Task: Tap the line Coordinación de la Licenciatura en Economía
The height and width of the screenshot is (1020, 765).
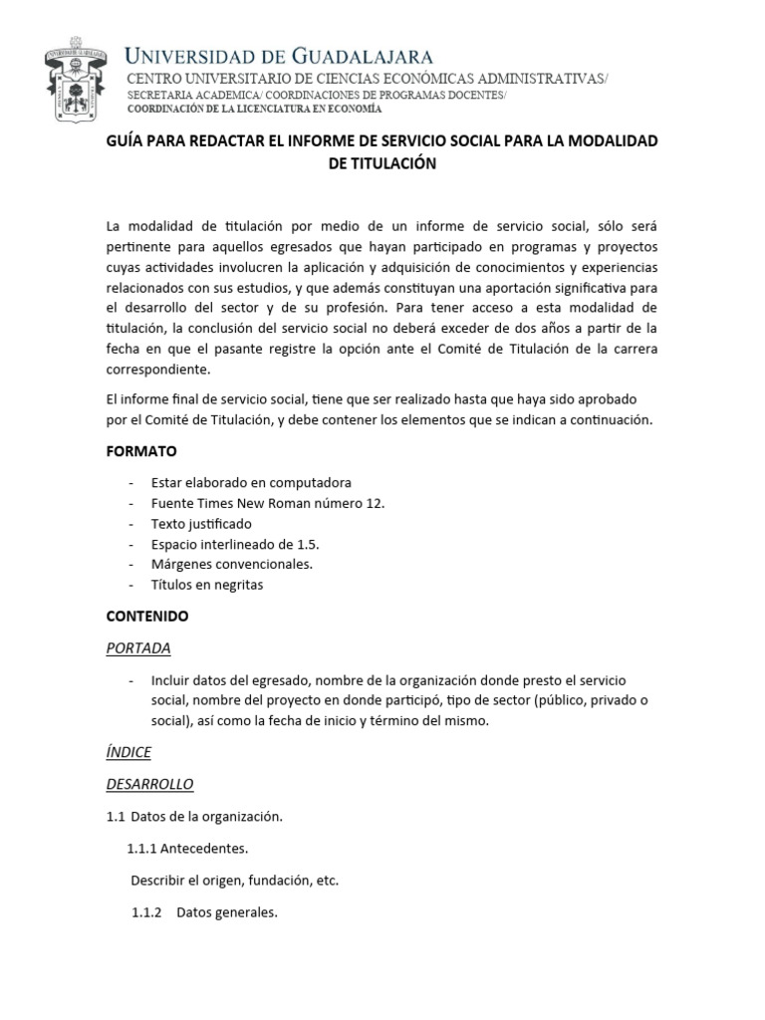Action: click(252, 109)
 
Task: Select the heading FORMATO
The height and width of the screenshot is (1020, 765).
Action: click(141, 451)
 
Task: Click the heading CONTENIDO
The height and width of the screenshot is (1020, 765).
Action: click(147, 616)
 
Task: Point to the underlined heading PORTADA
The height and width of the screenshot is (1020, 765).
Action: click(138, 647)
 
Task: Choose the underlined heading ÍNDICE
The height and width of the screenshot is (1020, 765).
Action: click(128, 751)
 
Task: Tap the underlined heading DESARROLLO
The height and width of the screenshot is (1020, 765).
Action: click(149, 783)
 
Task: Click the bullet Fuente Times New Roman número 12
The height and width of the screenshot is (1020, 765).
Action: click(268, 503)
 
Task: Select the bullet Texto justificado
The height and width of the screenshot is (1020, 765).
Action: click(201, 523)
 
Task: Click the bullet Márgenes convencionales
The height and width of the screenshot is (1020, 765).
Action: click(232, 564)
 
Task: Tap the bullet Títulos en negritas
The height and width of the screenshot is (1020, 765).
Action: click(207, 585)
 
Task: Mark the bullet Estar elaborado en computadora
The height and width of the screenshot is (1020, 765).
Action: click(251, 482)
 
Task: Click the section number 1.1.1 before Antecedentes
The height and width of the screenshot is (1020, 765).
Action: click(144, 849)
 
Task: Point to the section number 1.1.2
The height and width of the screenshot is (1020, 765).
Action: click(146, 912)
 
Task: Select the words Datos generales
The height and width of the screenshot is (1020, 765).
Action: click(227, 912)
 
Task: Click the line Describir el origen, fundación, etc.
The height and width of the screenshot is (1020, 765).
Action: click(235, 881)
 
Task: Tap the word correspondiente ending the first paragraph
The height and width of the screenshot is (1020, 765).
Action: click(160, 369)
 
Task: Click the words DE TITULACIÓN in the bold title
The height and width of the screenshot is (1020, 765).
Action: click(382, 163)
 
